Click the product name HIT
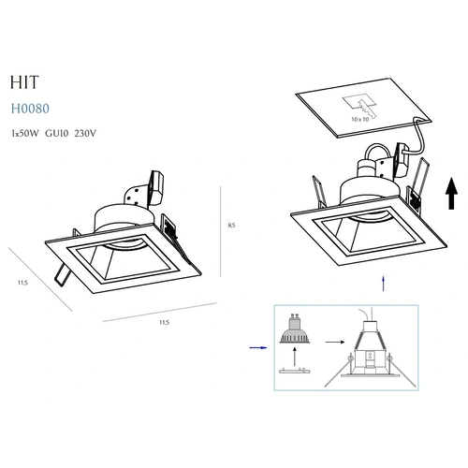point(24,82)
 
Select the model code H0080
point(30,109)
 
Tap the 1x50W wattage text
point(25,134)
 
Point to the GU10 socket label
point(56,134)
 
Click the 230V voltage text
point(85,134)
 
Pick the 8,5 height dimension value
point(231,226)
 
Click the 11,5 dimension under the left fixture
point(164,322)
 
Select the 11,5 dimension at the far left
point(22,283)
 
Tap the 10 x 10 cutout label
point(360,119)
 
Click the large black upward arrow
point(451,194)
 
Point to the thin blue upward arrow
point(383,284)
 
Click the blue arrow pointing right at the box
point(258,347)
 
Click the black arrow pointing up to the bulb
point(295,358)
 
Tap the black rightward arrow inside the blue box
point(335,342)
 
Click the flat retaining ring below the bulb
point(295,371)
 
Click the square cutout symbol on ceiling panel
point(358,103)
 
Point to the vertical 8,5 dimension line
point(221,231)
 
